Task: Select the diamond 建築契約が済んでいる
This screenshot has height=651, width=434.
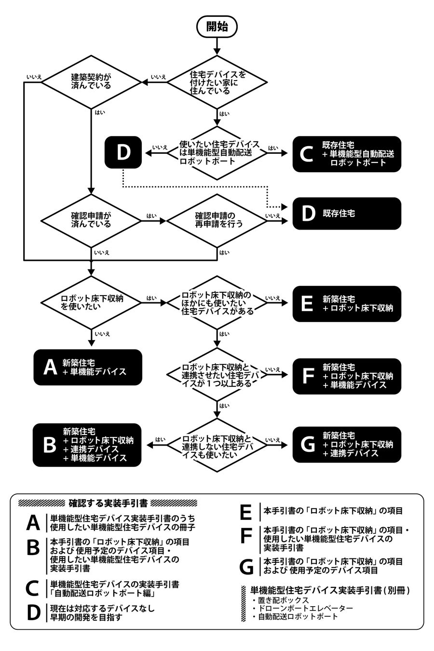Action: pos(91,81)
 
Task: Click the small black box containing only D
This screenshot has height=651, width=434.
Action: pos(123,152)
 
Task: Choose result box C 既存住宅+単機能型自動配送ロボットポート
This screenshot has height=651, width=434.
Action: pos(347,154)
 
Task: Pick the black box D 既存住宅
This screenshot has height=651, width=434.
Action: pos(347,213)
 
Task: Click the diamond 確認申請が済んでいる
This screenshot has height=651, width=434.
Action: pos(91,220)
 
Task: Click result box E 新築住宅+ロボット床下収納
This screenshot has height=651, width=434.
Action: pos(347,304)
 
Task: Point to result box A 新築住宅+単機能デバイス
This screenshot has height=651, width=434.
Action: pos(88,367)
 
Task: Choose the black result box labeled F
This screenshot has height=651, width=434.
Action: pos(347,376)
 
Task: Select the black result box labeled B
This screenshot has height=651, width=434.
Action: pos(87,445)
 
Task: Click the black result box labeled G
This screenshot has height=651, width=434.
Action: pos(347,445)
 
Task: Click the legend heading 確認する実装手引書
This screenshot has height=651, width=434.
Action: pos(108,503)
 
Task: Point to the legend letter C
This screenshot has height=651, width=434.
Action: pos(33,588)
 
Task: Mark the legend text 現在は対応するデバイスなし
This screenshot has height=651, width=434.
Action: pos(102,609)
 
